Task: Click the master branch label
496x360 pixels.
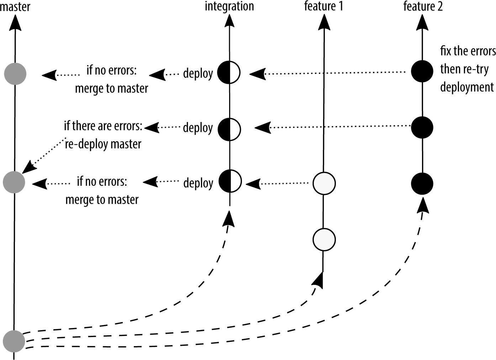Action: pyautogui.click(x=15, y=6)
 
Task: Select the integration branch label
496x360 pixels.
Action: pyautogui.click(x=229, y=6)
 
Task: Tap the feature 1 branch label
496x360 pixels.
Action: pyautogui.click(x=323, y=6)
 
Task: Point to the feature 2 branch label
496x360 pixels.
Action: pyautogui.click(x=423, y=6)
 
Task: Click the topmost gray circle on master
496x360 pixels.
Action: pyautogui.click(x=15, y=74)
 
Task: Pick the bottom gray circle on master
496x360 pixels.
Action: pyautogui.click(x=14, y=340)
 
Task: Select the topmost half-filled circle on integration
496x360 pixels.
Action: pyautogui.click(x=229, y=72)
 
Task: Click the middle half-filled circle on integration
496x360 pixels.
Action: pyautogui.click(x=229, y=129)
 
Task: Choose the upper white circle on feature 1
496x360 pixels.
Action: pyautogui.click(x=324, y=183)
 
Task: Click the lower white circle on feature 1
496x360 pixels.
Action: pyautogui.click(x=324, y=239)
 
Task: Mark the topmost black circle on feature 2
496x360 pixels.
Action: pyautogui.click(x=422, y=71)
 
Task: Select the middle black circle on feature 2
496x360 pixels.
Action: pyautogui.click(x=422, y=127)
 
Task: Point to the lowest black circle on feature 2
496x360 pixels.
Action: pyautogui.click(x=422, y=184)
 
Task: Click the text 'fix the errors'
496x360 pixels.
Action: pyautogui.click(x=468, y=51)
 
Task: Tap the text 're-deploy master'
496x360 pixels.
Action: pyautogui.click(x=103, y=144)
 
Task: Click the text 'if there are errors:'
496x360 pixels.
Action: pyautogui.click(x=103, y=126)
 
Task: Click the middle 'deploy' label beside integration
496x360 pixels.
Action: pyautogui.click(x=198, y=127)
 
